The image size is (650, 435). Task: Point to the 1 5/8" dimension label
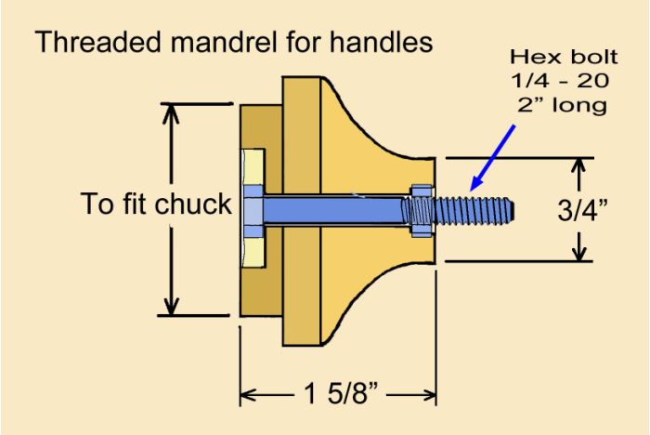coord(338,394)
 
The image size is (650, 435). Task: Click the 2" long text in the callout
coord(555,105)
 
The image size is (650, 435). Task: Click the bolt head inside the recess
coord(253,210)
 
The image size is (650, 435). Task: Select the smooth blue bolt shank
coord(334,210)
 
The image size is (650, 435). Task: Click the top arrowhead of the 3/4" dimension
coord(579,166)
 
